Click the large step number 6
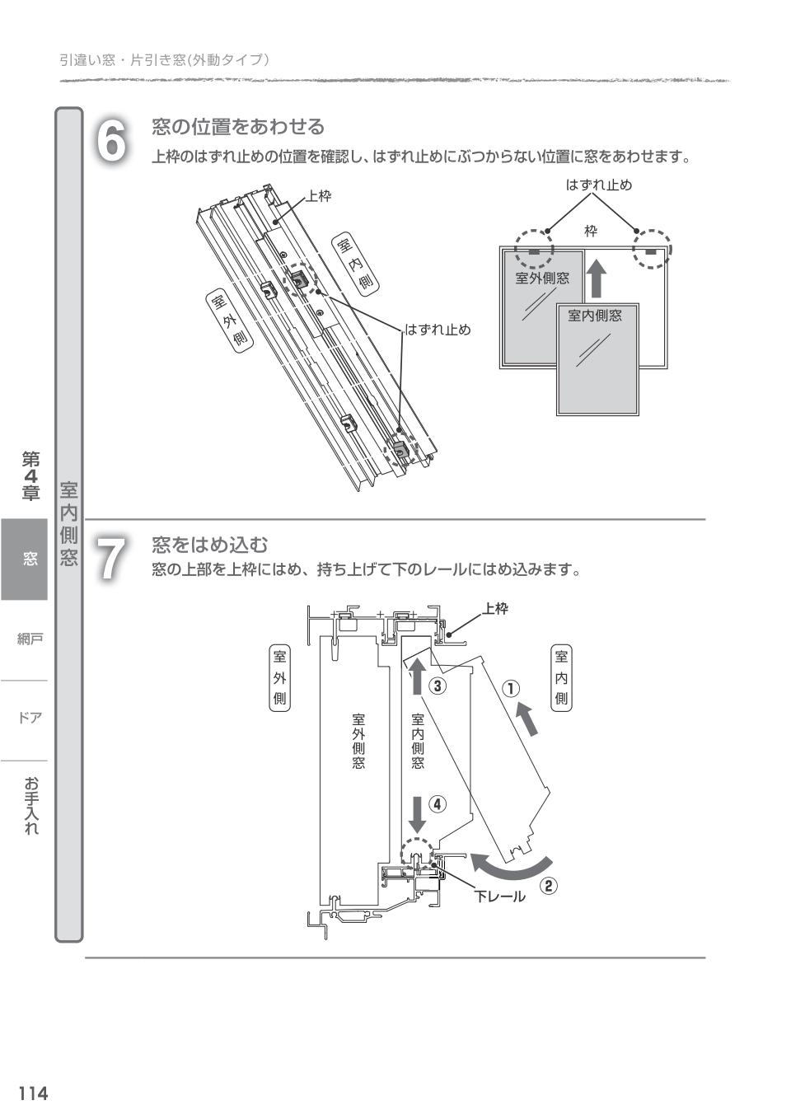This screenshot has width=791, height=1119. pyautogui.click(x=112, y=141)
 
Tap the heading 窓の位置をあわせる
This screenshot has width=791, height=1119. pyautogui.click(x=238, y=127)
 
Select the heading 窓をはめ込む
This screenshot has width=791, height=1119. pyautogui.click(x=210, y=545)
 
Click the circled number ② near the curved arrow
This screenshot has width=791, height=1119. pyautogui.click(x=549, y=886)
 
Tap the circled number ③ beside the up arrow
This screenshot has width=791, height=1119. pyautogui.click(x=438, y=686)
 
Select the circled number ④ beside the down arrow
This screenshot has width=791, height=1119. pyautogui.click(x=438, y=804)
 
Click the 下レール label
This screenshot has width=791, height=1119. pyautogui.click(x=499, y=897)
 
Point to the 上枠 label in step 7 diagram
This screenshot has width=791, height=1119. pyautogui.click(x=495, y=609)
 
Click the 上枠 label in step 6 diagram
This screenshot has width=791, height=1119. pyautogui.click(x=319, y=196)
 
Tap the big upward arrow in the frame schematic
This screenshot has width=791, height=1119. pyautogui.click(x=597, y=279)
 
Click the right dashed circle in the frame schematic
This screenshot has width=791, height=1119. pyautogui.click(x=652, y=249)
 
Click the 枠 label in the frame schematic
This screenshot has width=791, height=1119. pyautogui.click(x=591, y=232)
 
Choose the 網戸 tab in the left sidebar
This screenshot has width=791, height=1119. pyautogui.click(x=30, y=639)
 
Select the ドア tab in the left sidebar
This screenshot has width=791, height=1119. pyautogui.click(x=30, y=718)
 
